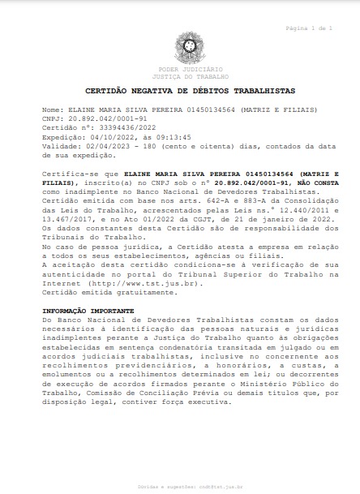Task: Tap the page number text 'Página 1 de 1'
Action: coord(310,28)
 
